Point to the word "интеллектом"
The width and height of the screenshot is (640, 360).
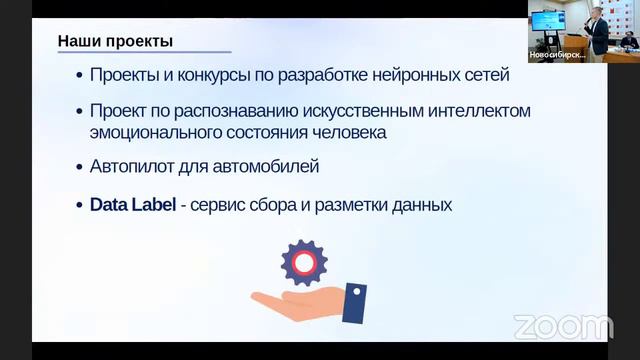473,109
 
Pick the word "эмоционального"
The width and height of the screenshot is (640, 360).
157,131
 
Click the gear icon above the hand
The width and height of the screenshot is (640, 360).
304,263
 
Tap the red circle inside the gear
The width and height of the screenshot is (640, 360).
304,263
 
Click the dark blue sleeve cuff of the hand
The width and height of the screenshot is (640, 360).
354,301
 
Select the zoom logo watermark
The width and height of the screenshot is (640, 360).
563,326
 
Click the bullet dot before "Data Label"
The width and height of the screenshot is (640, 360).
78,206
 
